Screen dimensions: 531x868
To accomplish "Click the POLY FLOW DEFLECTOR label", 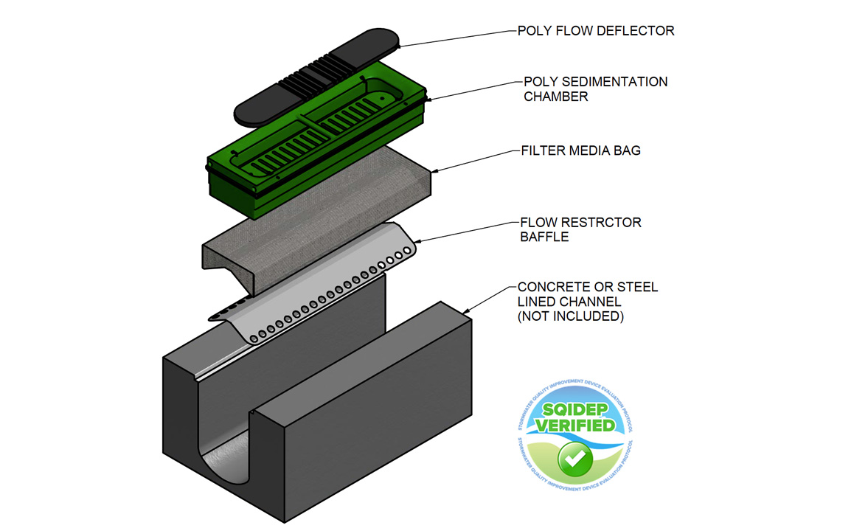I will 595,31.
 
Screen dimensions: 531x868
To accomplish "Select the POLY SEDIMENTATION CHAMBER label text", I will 595,88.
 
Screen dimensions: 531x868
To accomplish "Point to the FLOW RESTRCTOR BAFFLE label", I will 580,229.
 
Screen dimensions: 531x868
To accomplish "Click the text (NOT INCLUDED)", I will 571,316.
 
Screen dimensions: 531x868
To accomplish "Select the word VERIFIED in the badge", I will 576,425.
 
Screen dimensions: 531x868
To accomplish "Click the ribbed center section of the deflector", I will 317,74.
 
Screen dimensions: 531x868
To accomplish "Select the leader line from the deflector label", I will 457,39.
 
